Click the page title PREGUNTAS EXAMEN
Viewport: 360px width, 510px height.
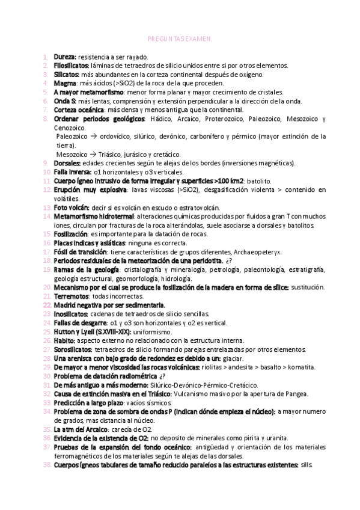coord(179,37)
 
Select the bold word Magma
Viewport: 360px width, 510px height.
coord(64,83)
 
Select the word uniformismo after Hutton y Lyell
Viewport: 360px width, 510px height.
coord(152,332)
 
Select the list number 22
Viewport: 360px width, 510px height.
coord(47,306)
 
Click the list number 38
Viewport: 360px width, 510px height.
coord(47,465)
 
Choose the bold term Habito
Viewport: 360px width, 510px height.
coord(64,341)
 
